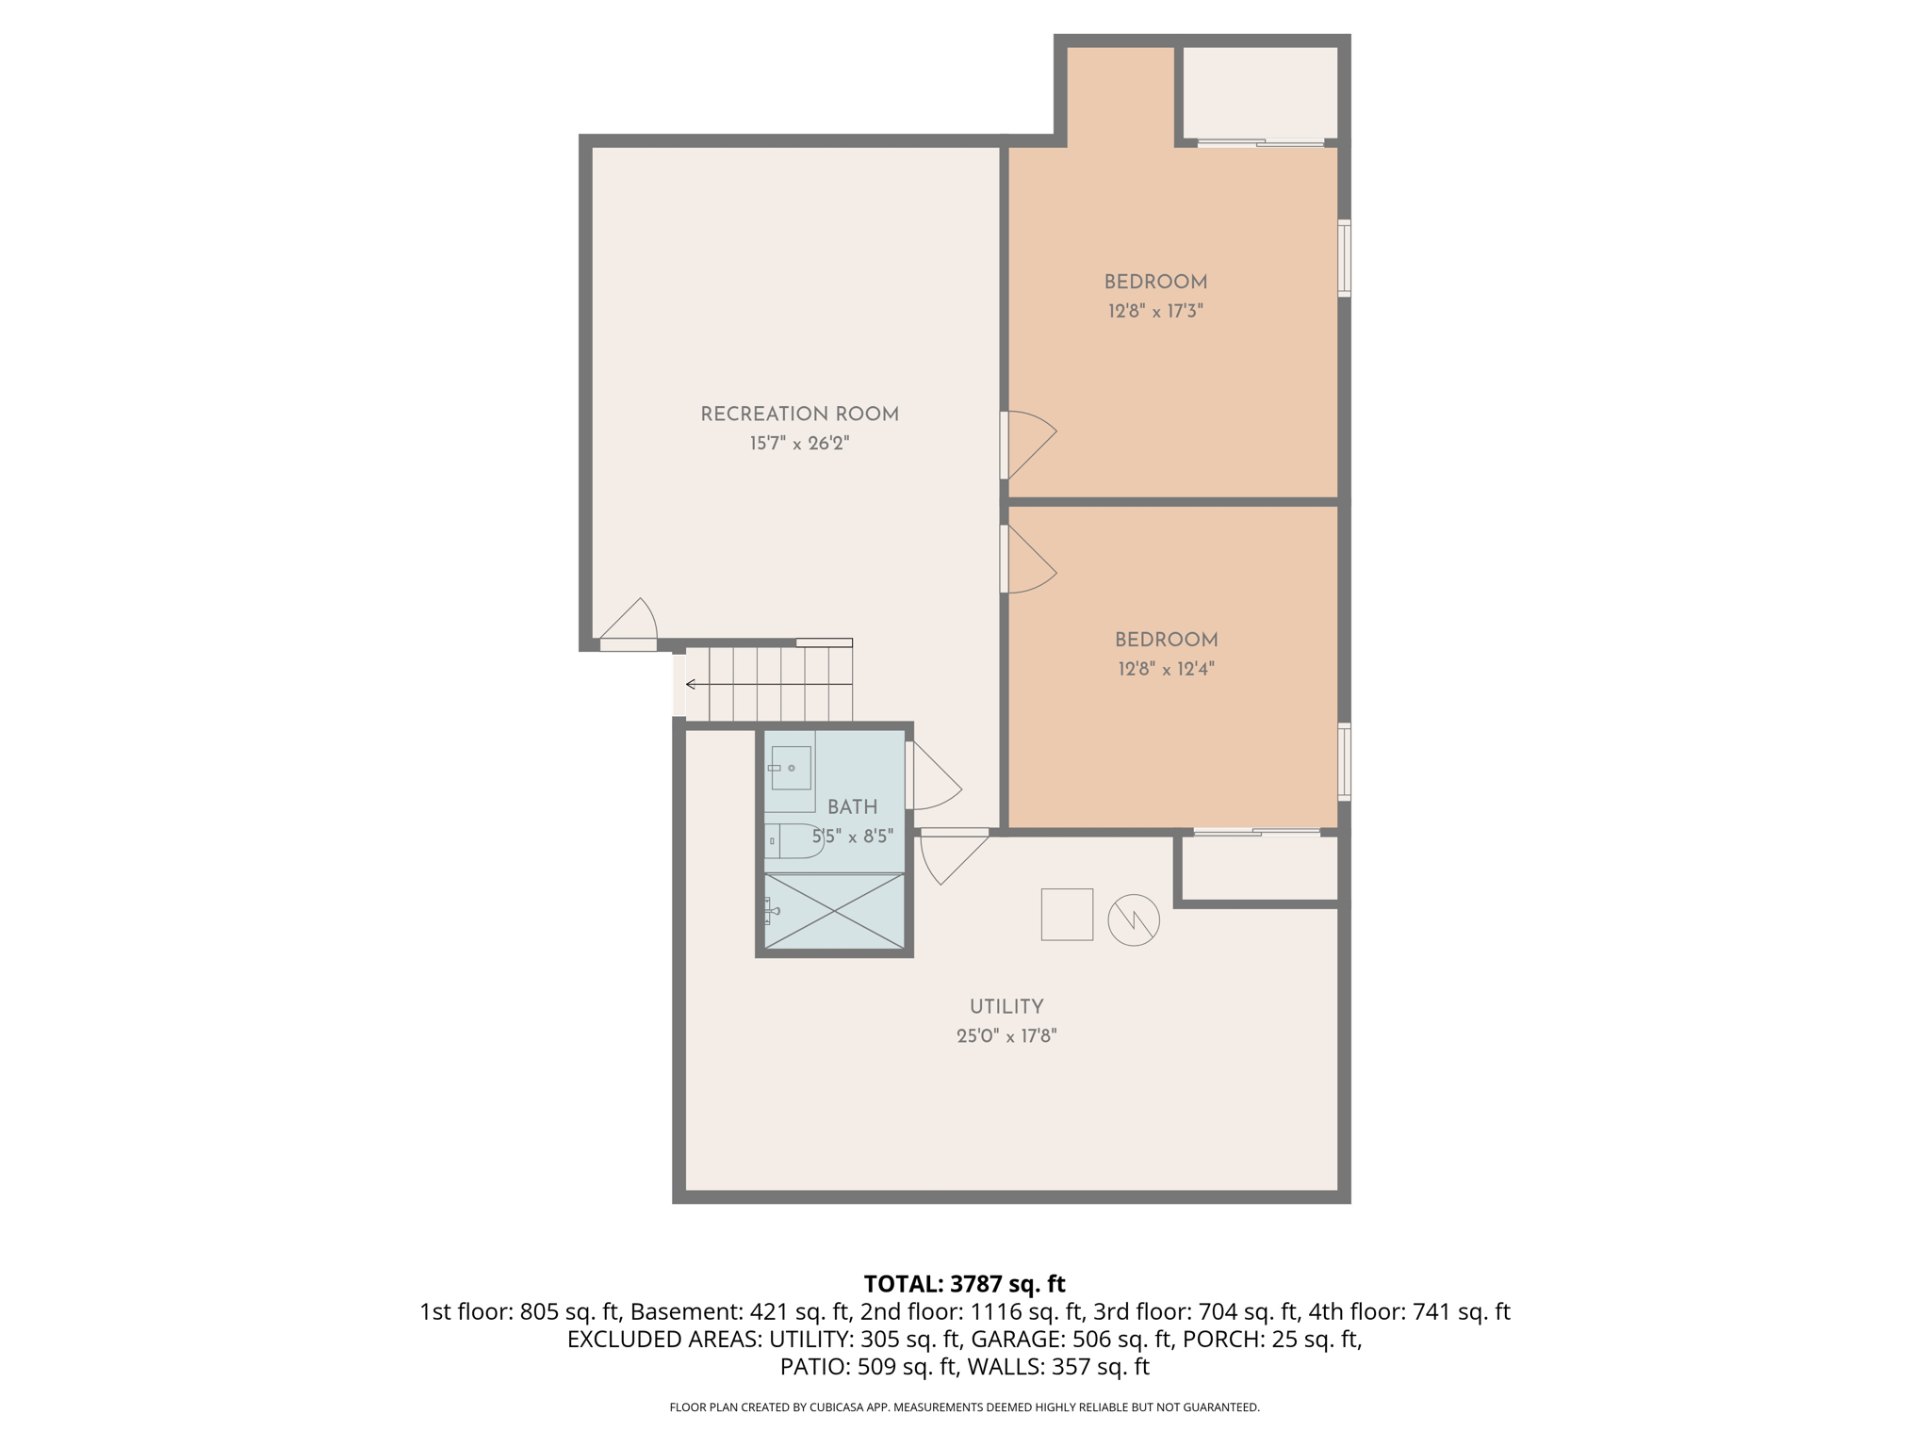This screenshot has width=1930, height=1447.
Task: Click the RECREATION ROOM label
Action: (x=799, y=415)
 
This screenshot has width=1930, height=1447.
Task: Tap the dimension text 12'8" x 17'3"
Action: (x=1155, y=312)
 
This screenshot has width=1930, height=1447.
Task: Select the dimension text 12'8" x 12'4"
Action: (x=1166, y=670)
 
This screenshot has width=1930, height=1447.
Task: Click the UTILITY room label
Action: (x=1006, y=1007)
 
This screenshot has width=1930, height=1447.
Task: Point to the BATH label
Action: (x=852, y=807)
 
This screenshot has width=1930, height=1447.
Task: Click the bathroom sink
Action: (x=790, y=769)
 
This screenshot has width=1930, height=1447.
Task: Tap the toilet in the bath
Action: (x=793, y=840)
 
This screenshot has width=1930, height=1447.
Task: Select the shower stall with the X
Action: (x=834, y=911)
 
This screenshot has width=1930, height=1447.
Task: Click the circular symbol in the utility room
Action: (x=1133, y=919)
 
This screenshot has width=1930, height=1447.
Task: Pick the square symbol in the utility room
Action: (x=1067, y=914)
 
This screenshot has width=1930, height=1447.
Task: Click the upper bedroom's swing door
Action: (x=1029, y=445)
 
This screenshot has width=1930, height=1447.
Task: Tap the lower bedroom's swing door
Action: (x=1029, y=560)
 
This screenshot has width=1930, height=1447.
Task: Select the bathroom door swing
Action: (x=933, y=776)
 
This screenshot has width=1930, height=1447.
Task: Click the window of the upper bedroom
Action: (x=1345, y=258)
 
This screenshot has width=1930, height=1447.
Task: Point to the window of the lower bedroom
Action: (x=1345, y=761)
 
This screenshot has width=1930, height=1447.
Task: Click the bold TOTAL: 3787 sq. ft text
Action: (x=964, y=1284)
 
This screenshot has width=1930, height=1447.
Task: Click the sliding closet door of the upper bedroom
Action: (x=1261, y=143)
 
